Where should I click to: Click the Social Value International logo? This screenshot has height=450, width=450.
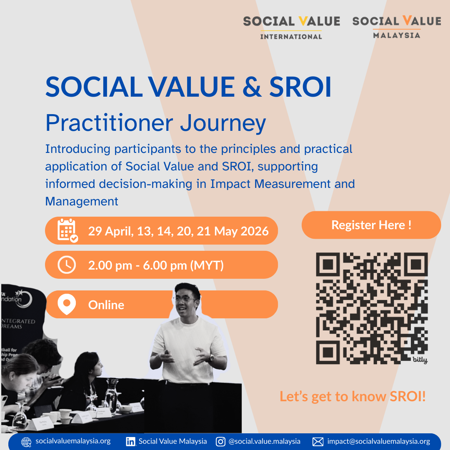point(291,27)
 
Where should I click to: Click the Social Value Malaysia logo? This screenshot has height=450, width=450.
point(396,27)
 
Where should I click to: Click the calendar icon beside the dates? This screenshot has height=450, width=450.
point(67,230)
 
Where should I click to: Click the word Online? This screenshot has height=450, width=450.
point(106,305)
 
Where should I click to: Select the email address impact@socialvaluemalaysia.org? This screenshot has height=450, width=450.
point(378,441)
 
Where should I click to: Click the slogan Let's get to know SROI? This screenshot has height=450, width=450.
point(352,396)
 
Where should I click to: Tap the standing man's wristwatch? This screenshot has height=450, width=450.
point(211,357)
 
